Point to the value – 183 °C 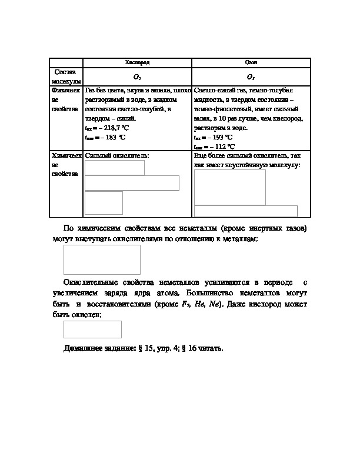110,137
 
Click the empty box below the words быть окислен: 92,329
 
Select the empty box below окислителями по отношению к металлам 102,259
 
